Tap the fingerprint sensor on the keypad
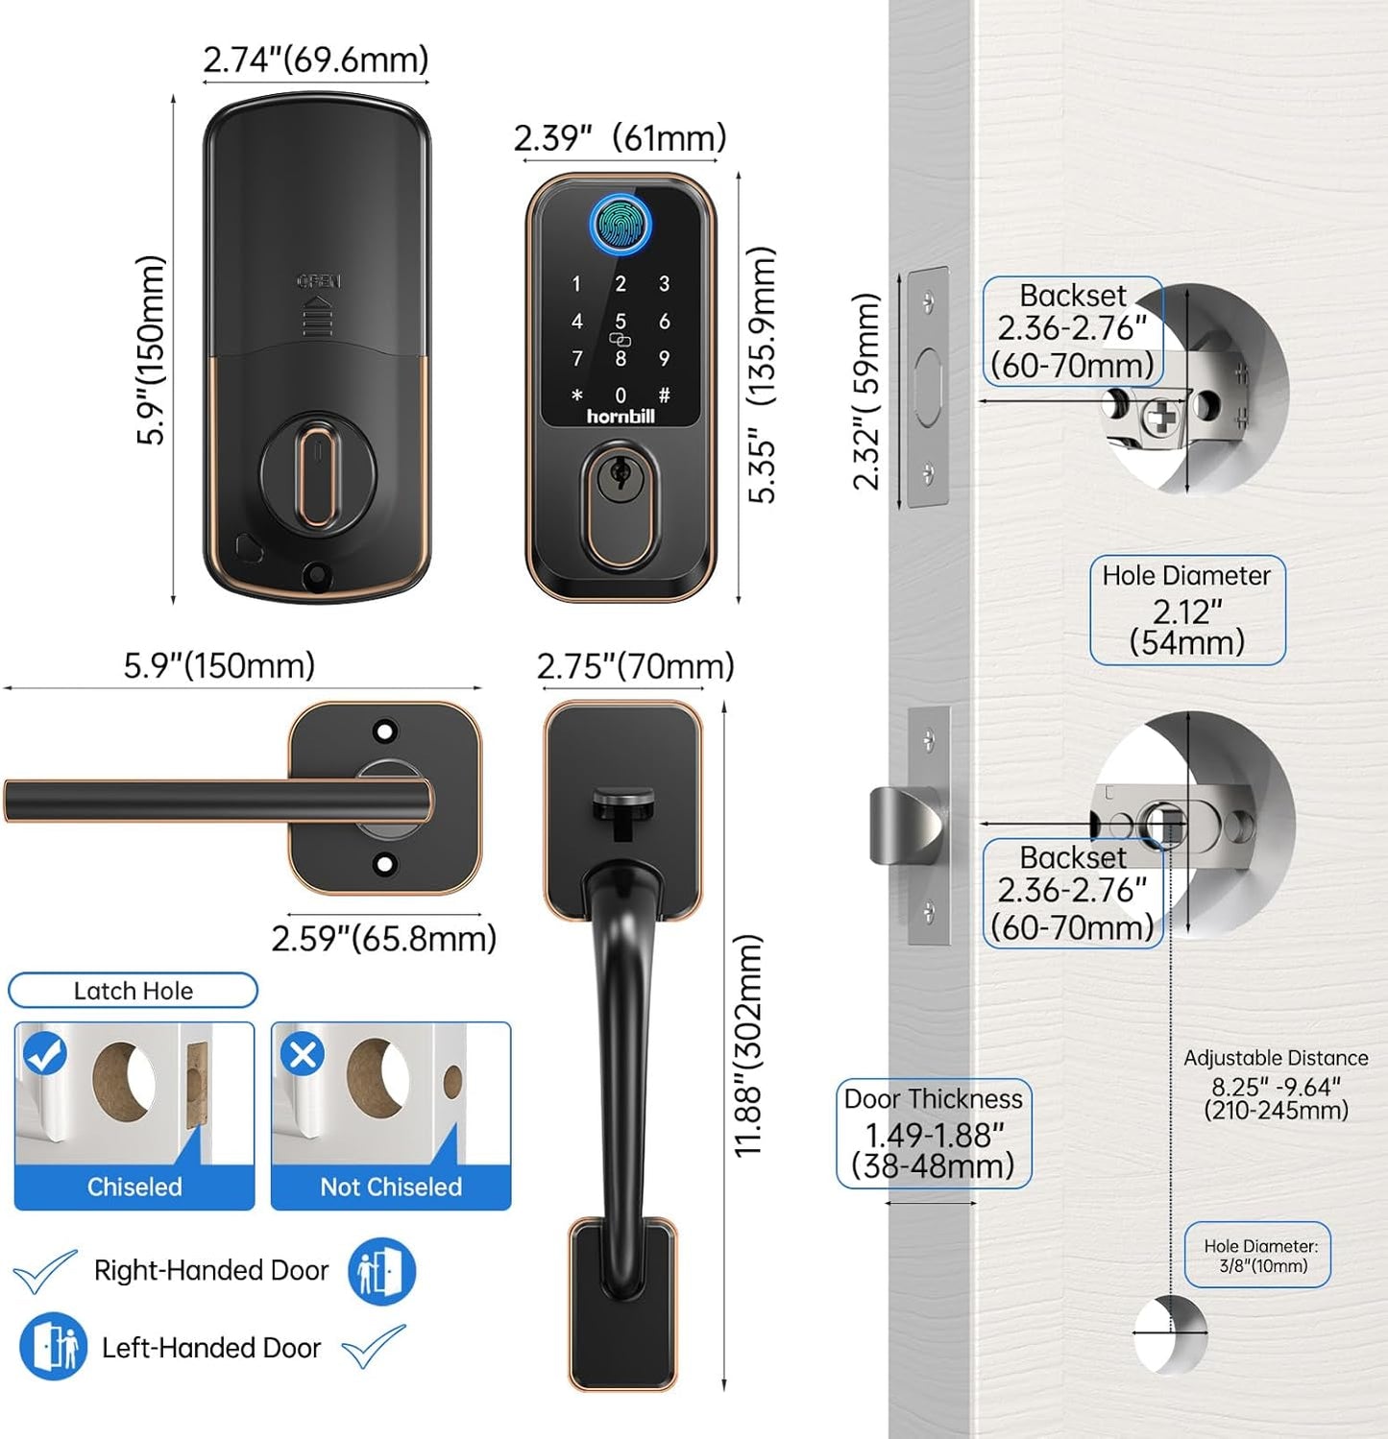pos(621,225)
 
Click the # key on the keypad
pos(664,395)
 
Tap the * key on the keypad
pos(576,395)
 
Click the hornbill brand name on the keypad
pos(621,417)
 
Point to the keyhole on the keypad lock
pos(621,473)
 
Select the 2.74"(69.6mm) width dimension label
pos(316,60)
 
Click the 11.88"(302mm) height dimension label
pos(748,1045)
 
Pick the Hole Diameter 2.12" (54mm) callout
pos(1187,610)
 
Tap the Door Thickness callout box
pos(934,1135)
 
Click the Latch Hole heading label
pos(134,991)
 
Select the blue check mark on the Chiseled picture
pos(44,1054)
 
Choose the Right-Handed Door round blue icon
pos(381,1271)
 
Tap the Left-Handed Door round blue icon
pos(54,1346)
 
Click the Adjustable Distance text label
pos(1276,1058)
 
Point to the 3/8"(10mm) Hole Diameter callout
pos(1258,1255)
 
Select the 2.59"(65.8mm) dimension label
pos(383,938)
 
